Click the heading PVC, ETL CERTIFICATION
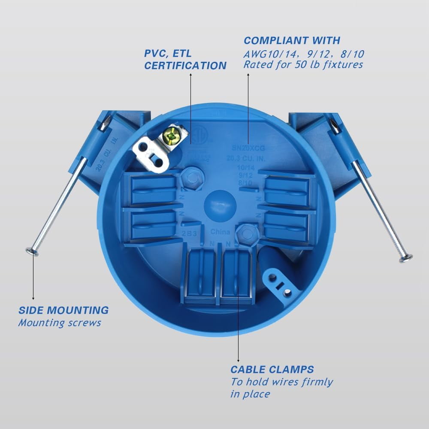(185, 60)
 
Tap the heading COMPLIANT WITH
(292, 41)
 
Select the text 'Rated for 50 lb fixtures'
(303, 65)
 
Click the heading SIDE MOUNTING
(63, 310)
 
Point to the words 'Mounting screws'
(59, 323)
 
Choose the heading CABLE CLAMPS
(272, 369)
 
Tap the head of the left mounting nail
(32, 252)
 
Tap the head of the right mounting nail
(405, 258)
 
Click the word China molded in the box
(220, 232)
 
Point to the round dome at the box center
(219, 204)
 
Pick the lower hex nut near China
(246, 233)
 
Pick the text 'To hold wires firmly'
(281, 382)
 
